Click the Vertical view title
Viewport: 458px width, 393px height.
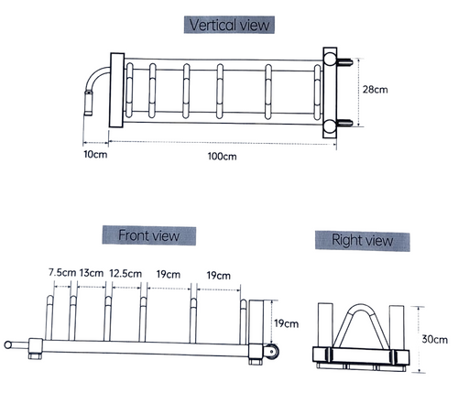pyautogui.click(x=229, y=25)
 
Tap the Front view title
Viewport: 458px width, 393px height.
pyautogui.click(x=149, y=235)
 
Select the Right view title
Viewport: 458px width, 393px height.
pyautogui.click(x=363, y=240)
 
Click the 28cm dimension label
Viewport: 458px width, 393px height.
pyautogui.click(x=376, y=90)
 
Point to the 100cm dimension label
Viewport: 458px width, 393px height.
pyautogui.click(x=222, y=157)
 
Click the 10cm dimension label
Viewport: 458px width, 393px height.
pyautogui.click(x=95, y=154)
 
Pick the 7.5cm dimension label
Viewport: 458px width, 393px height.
pyautogui.click(x=62, y=272)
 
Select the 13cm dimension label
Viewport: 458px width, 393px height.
pyautogui.click(x=92, y=273)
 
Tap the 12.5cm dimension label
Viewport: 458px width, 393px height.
pyautogui.click(x=125, y=273)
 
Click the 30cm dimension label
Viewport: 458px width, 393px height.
pyautogui.click(x=434, y=339)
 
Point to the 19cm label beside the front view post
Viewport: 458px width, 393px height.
pyautogui.click(x=286, y=323)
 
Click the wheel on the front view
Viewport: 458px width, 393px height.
pyautogui.click(x=270, y=351)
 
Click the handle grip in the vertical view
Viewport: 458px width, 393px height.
pyautogui.click(x=89, y=103)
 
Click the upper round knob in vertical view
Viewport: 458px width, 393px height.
pyautogui.click(x=330, y=59)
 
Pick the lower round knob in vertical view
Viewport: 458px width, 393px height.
pyautogui.click(x=330, y=126)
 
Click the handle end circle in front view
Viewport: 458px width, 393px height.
pyautogui.click(x=8, y=345)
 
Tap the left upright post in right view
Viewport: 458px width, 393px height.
pyautogui.click(x=325, y=325)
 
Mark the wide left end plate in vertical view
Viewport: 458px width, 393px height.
pyautogui.click(x=117, y=91)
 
